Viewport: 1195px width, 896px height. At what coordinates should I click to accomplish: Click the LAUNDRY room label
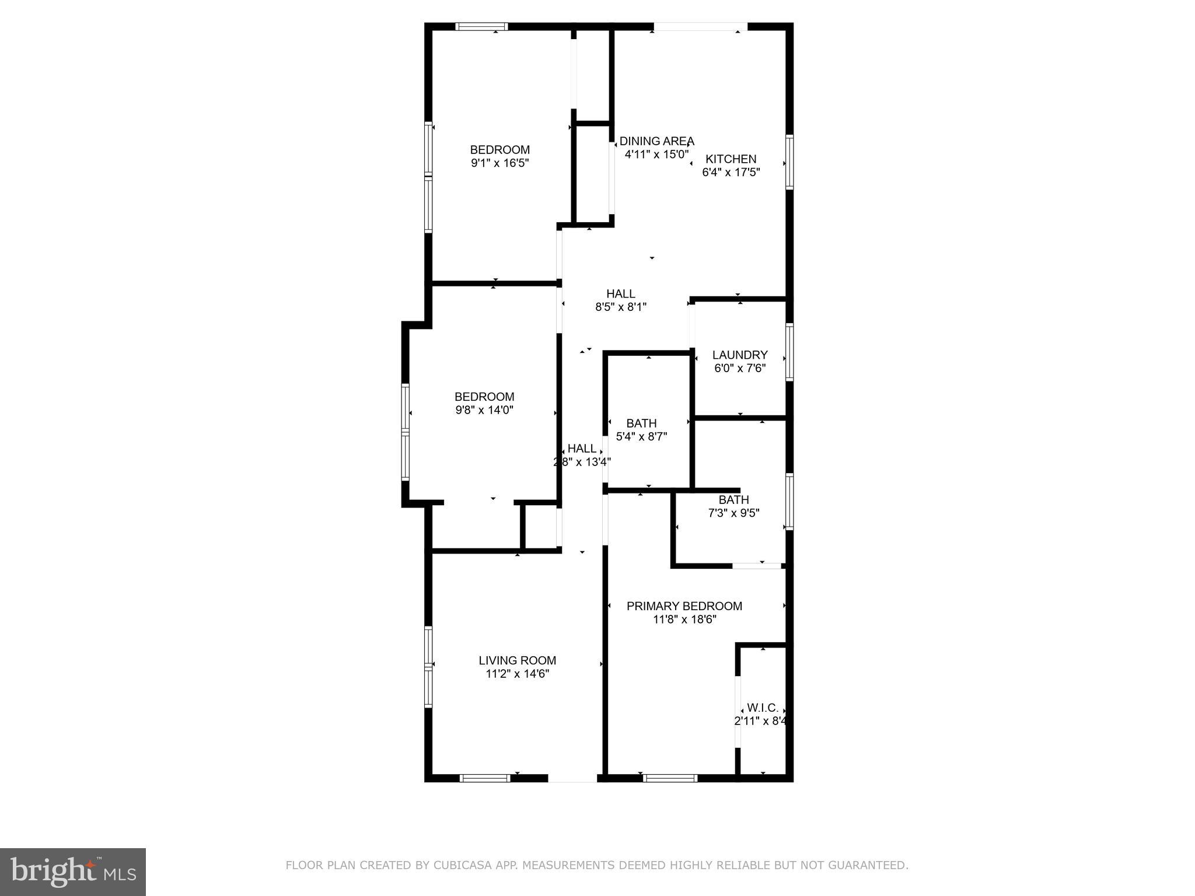(x=739, y=355)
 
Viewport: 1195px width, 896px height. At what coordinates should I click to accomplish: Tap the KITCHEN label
(x=731, y=159)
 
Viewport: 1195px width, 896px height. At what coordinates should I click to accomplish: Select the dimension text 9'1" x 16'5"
(x=499, y=163)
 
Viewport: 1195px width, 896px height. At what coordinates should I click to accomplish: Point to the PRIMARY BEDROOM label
(x=684, y=606)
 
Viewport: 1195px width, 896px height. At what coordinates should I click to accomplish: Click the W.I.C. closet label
(x=762, y=708)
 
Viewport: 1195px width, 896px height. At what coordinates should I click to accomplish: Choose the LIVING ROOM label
(x=517, y=660)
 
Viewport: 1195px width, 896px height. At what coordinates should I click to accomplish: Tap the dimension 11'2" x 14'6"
(x=517, y=674)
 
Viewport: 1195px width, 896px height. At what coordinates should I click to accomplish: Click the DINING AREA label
(x=656, y=141)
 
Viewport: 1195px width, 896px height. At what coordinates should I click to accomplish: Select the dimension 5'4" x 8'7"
(x=641, y=436)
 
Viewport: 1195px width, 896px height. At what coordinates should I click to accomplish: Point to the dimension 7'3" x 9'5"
(x=733, y=513)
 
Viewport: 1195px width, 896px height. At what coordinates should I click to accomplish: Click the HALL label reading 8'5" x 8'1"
(x=620, y=294)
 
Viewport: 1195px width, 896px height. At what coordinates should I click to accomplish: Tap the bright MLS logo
(x=73, y=871)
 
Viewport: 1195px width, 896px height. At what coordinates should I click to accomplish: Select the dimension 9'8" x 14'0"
(x=484, y=410)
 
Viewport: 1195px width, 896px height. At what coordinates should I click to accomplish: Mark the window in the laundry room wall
(x=789, y=352)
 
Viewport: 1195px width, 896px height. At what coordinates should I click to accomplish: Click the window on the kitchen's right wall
(x=789, y=162)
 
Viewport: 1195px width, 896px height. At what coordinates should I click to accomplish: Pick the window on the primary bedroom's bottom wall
(x=670, y=778)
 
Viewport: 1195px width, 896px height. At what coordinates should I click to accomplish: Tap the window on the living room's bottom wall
(x=485, y=778)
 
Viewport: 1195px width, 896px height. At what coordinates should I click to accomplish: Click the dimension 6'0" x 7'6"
(x=739, y=369)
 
